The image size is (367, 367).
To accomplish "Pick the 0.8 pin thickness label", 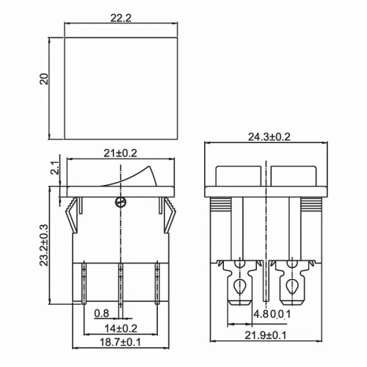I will coord(103,313).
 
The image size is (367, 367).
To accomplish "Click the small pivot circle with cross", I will coord(119,204).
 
